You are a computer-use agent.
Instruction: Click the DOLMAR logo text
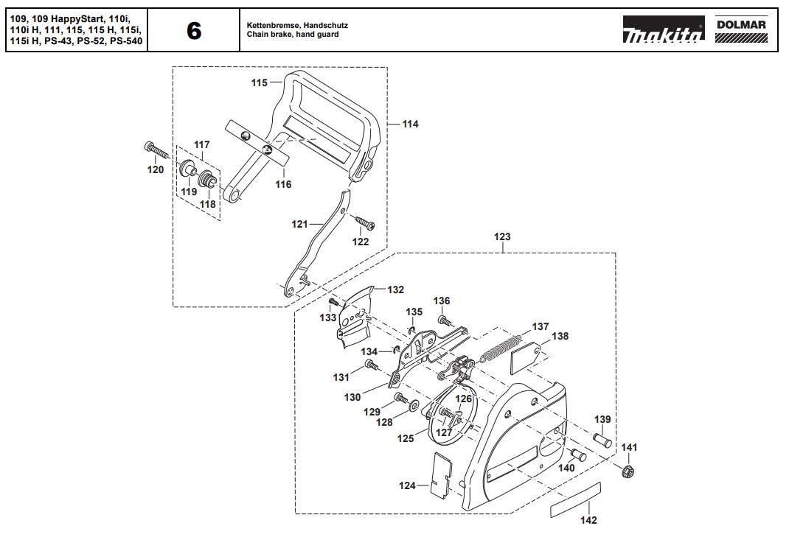click(x=742, y=24)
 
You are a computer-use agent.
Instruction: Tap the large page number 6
click(x=194, y=31)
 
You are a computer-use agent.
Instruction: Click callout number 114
click(x=410, y=124)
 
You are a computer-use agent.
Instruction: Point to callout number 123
click(x=502, y=237)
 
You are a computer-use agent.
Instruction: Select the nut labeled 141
click(x=629, y=470)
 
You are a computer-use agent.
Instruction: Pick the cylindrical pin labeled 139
click(x=602, y=440)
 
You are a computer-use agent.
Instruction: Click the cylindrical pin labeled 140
click(x=578, y=455)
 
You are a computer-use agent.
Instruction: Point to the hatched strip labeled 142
click(x=575, y=498)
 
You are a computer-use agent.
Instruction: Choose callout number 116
click(x=283, y=184)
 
